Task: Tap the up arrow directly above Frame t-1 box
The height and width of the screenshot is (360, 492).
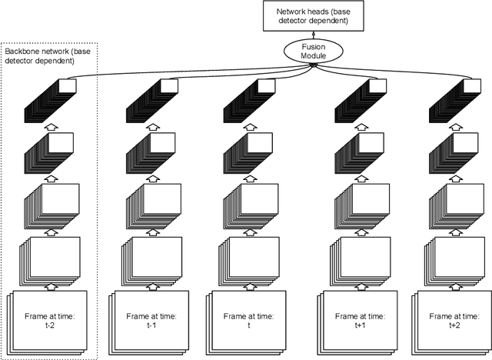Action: (x=150, y=285)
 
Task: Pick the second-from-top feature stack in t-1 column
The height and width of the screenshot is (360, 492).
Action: (x=150, y=150)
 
